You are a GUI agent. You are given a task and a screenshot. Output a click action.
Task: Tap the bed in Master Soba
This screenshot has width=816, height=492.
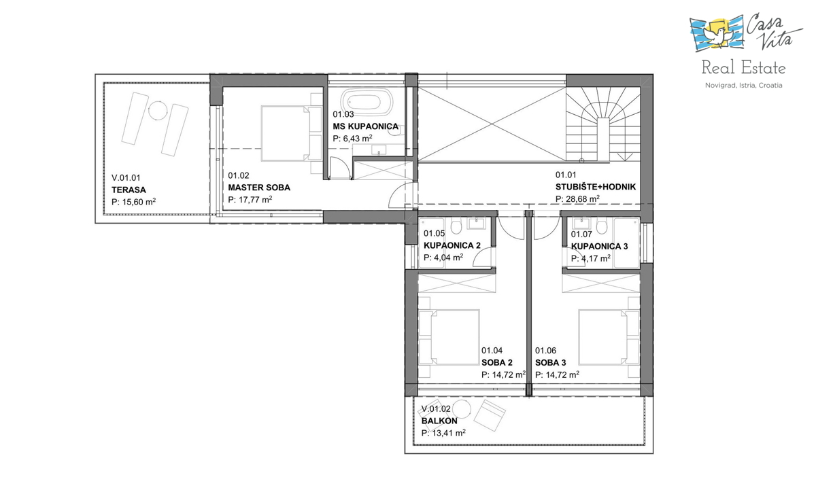[286, 133]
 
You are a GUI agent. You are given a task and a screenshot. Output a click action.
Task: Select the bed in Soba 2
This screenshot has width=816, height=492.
[449, 337]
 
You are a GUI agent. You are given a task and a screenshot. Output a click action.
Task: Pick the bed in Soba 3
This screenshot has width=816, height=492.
[609, 337]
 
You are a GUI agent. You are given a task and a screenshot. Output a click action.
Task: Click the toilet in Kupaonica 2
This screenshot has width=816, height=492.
[456, 226]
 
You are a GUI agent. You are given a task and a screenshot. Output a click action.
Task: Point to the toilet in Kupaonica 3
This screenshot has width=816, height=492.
[602, 226]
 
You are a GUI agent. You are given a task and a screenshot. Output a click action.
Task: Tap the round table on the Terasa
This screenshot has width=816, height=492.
[158, 110]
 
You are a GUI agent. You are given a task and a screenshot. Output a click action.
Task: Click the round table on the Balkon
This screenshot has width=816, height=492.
[462, 409]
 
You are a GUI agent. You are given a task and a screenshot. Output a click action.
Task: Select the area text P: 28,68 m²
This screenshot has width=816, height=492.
[577, 199]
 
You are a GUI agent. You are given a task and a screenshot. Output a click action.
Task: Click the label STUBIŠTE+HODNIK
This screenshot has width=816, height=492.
[595, 187]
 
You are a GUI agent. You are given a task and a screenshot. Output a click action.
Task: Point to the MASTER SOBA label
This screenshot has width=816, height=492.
[259, 188]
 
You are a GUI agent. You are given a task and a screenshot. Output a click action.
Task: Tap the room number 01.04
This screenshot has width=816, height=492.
[492, 351]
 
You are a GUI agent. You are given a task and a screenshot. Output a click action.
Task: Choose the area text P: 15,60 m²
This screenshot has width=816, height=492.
[134, 202]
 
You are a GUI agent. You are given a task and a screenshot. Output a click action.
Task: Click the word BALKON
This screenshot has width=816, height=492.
[439, 421]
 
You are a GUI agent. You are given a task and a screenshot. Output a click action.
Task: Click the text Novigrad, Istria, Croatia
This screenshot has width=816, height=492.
[743, 86]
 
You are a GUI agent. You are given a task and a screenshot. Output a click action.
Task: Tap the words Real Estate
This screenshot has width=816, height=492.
[743, 68]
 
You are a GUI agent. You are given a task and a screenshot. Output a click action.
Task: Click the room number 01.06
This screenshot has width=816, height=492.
[545, 351]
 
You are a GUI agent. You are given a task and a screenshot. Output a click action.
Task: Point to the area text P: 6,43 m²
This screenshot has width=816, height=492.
[353, 139]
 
